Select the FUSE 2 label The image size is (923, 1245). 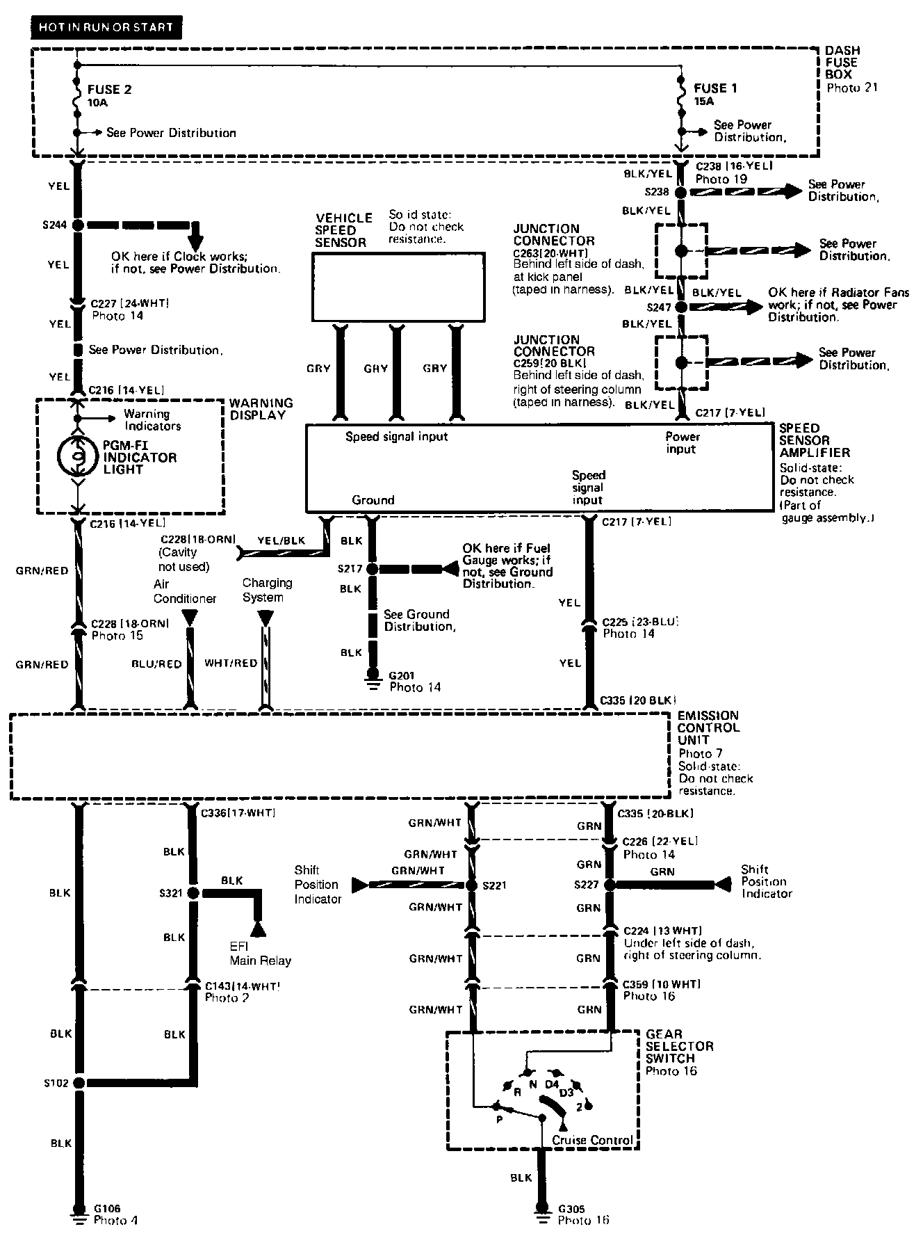[x=109, y=90]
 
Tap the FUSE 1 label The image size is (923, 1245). [x=715, y=88]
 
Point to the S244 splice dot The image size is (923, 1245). [x=78, y=225]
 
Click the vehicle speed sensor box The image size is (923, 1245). [x=398, y=287]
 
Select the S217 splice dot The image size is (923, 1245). [x=373, y=569]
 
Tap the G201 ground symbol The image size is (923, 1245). [x=373, y=678]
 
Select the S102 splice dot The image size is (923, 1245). [x=78, y=1083]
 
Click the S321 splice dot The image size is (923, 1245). [x=193, y=893]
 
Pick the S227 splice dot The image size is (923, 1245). [x=609, y=885]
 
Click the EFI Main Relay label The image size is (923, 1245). [x=260, y=954]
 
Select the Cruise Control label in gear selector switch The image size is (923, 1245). [x=592, y=1140]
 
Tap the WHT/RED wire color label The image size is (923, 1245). [x=231, y=663]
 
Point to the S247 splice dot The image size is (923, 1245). [x=680, y=307]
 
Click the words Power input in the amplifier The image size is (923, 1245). [x=682, y=443]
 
